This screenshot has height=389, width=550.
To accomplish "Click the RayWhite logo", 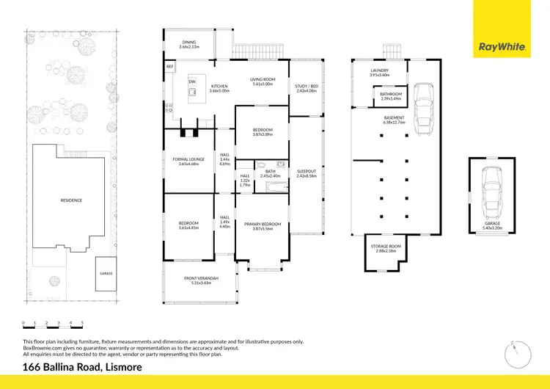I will pos(502,47).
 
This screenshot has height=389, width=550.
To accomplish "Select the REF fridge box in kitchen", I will pos(169,66).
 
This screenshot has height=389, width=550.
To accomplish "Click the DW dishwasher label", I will pos(192,81).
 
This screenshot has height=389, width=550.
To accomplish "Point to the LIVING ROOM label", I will pos(261,81).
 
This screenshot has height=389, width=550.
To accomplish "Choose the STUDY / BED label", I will pos(306,88).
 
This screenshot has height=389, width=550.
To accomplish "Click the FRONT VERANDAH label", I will pos(200,280).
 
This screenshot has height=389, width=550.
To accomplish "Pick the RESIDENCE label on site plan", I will pos(71,200).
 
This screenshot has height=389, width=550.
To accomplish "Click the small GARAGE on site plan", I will pos(106,272).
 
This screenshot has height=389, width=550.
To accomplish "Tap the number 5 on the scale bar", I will pos(82,322).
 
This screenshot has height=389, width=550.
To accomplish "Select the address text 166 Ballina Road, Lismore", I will pos(82,367).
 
